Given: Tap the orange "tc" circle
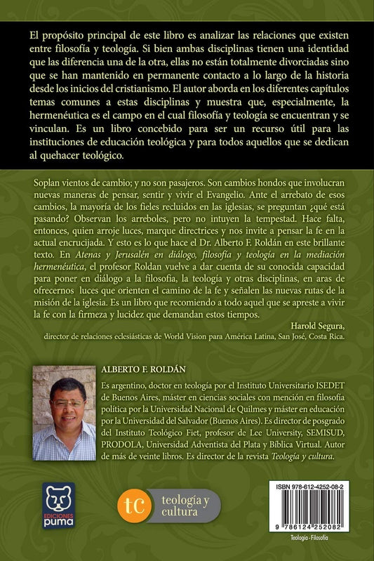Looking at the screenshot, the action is pos(134,505).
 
